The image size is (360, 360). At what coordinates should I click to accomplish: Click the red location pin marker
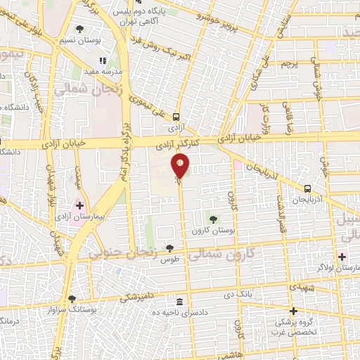click(181, 167)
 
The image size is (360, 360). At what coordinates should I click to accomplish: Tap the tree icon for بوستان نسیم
click(79, 30)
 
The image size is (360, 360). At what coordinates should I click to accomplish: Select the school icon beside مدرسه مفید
click(103, 62)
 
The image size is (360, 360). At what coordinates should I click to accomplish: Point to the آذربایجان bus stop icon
click(307, 188)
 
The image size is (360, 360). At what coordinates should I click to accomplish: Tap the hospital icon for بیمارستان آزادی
click(79, 206)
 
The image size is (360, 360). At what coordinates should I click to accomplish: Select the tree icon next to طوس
click(169, 247)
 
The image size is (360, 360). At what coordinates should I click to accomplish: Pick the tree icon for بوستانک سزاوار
click(72, 299)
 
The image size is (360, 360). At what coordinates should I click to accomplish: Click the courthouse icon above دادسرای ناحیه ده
click(179, 302)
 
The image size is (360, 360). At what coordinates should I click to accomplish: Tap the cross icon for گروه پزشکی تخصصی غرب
click(293, 311)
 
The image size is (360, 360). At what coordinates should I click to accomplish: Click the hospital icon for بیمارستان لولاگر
click(343, 255)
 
